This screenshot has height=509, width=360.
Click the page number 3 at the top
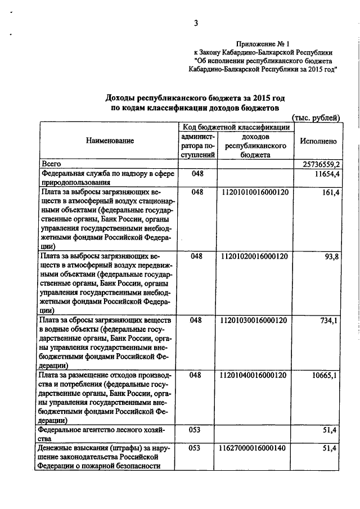[x=196, y=23]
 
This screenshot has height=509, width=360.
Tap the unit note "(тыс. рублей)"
[x=316, y=118]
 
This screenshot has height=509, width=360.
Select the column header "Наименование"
[x=110, y=141]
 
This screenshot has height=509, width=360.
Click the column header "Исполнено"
[x=318, y=141]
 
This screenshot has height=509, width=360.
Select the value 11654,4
[x=324, y=175]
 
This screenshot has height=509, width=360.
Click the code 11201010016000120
[x=254, y=192]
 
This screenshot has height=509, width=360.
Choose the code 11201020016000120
[x=254, y=256]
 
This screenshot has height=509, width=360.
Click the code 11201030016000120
[x=254, y=320]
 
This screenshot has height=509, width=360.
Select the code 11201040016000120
[x=254, y=375]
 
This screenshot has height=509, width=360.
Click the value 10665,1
[x=325, y=375]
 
